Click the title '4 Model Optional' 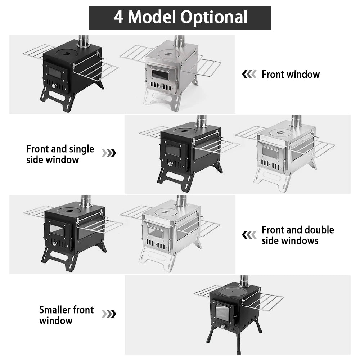pos(180,17)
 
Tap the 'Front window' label pos(291,75)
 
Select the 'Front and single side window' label pos(60,154)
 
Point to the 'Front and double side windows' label pos(298,235)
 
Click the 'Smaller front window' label pos(66,315)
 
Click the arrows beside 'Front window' pos(249,75)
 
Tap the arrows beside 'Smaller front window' pos(109,314)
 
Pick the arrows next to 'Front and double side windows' pos(249,235)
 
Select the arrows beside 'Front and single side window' pos(109,153)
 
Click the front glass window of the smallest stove pos(222,313)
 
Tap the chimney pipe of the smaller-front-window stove pos(244,281)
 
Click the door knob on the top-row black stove pos(54,86)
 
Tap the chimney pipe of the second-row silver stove pos(296,121)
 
